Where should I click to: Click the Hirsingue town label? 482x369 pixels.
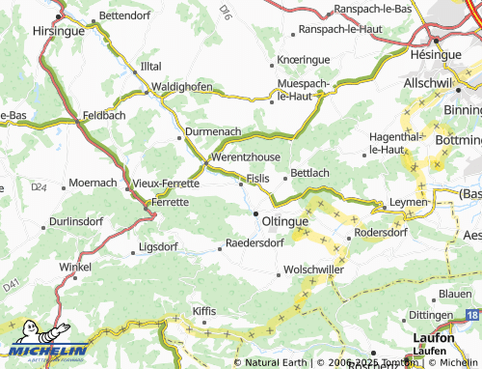click(x=57, y=31)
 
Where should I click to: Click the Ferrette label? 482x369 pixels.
click(x=171, y=204)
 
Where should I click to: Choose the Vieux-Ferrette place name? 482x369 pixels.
click(x=166, y=183)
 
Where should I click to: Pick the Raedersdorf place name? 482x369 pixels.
click(x=254, y=244)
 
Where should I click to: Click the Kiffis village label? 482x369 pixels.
click(x=204, y=311)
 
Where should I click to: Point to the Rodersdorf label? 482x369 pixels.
click(x=381, y=233)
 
